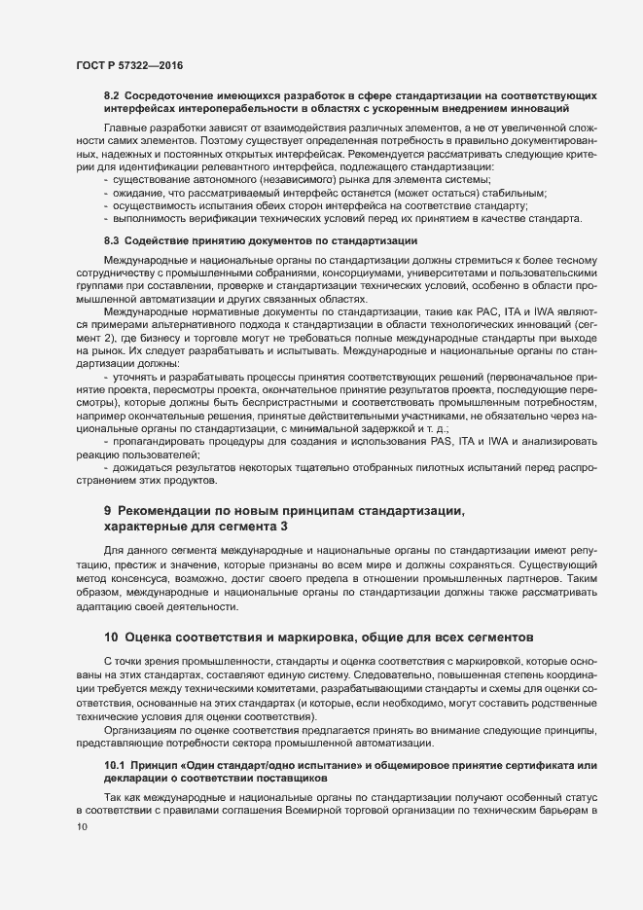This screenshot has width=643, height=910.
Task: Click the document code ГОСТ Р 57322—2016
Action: point(128,65)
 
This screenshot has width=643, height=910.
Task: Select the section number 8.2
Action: point(111,94)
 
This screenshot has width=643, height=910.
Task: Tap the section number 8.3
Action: point(111,239)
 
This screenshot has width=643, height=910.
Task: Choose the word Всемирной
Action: point(346,811)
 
